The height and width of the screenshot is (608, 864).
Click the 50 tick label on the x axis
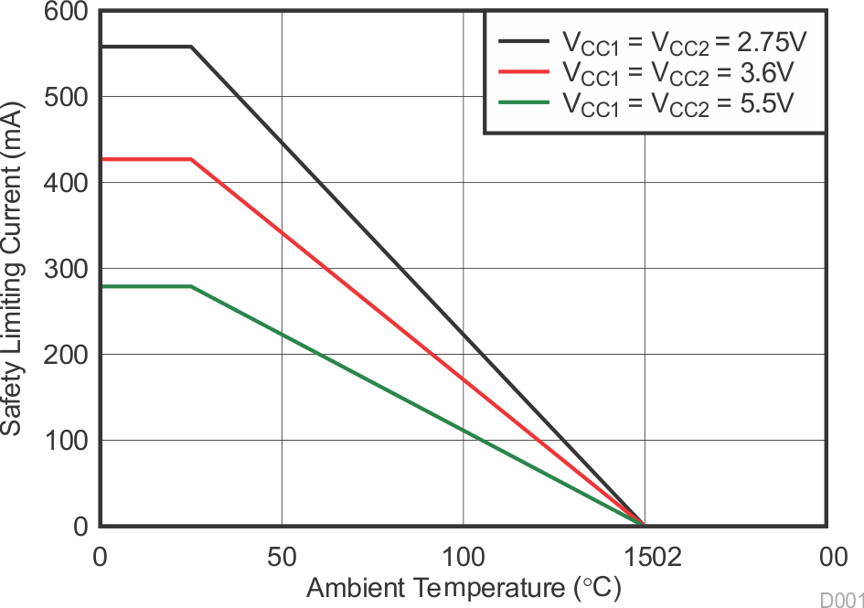(282, 555)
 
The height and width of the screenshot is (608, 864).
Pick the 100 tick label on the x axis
(463, 555)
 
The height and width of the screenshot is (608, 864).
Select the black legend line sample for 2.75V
(524, 41)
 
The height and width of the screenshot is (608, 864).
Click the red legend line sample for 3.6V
(524, 71)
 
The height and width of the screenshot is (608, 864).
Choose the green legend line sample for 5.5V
(524, 101)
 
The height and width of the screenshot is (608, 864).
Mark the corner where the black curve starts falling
(191, 47)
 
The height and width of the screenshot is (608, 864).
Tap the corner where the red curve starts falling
(191, 160)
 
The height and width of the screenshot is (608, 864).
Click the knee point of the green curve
(191, 286)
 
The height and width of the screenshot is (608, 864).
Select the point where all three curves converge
(644, 525)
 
